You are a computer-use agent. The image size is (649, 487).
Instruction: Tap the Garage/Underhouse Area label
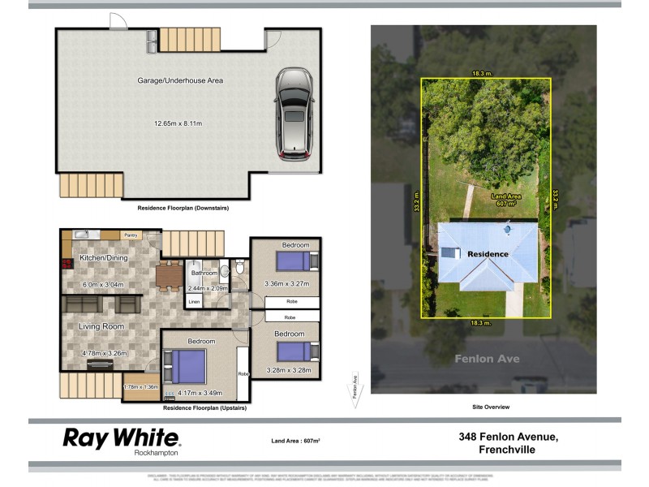coord(180,80)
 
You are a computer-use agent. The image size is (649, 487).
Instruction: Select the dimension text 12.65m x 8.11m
coord(178,123)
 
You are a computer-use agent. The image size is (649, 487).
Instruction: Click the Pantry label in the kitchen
coord(131,235)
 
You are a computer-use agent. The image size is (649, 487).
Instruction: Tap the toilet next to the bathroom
coord(240,269)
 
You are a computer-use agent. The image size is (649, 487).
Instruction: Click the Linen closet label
coord(194,302)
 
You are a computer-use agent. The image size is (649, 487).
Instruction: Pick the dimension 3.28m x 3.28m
coord(288,371)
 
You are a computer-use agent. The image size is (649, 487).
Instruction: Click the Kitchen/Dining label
coord(103,258)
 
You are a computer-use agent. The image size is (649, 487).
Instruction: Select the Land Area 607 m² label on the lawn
coord(507,200)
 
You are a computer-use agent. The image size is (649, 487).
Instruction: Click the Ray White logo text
coord(122,438)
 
